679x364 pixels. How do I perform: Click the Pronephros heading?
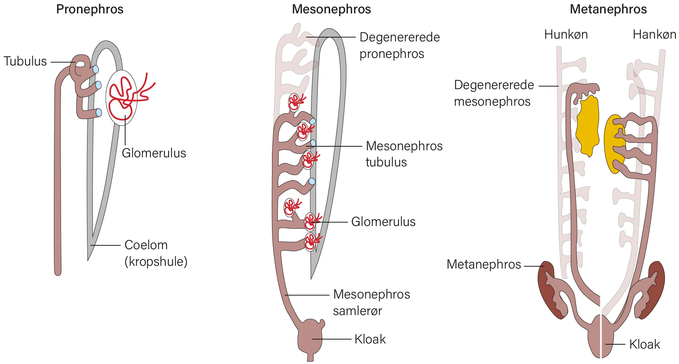pyautogui.click(x=90, y=9)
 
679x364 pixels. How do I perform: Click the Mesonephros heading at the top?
pyautogui.click(x=331, y=9)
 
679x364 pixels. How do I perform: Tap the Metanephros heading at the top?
pyautogui.click(x=608, y=9)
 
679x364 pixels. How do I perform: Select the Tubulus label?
pyautogui.click(x=25, y=62)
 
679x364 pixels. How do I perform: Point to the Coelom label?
pyautogui.click(x=146, y=245)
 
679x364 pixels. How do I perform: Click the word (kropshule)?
pyautogui.click(x=156, y=261)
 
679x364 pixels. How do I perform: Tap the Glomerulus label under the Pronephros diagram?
pyautogui.click(x=154, y=153)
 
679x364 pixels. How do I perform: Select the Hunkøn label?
pyautogui.click(x=566, y=35)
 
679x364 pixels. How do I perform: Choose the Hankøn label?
pyautogui.click(x=654, y=35)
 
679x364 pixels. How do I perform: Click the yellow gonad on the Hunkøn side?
pyautogui.click(x=588, y=126)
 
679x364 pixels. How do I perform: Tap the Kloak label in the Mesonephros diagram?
pyautogui.click(x=370, y=339)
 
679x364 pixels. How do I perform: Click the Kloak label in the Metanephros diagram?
pyautogui.click(x=644, y=344)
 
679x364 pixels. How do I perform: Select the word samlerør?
pyautogui.click(x=357, y=311)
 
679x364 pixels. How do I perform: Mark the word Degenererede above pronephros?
pyautogui.click(x=400, y=37)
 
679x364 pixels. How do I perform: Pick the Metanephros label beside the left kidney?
pyautogui.click(x=484, y=264)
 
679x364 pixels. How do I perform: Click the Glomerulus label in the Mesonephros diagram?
pyautogui.click(x=383, y=222)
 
